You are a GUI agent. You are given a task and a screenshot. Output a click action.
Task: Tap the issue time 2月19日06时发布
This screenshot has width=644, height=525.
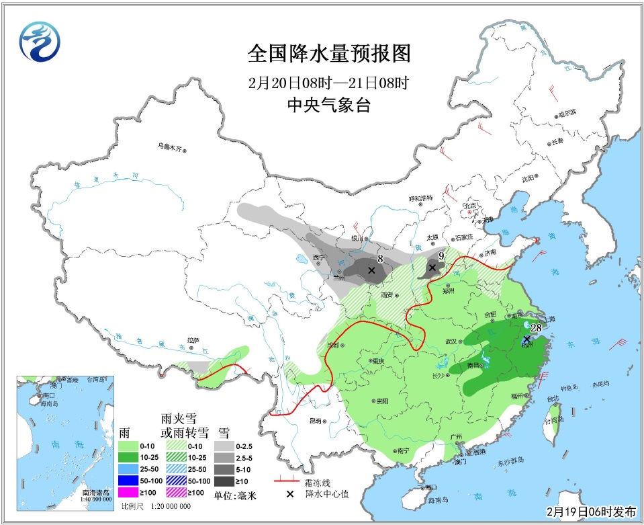pyautogui.click(x=591, y=512)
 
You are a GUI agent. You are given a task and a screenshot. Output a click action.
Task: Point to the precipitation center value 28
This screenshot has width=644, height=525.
pyautogui.click(x=536, y=328)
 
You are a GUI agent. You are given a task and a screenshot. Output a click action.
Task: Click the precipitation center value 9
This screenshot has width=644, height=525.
pyautogui.click(x=441, y=255)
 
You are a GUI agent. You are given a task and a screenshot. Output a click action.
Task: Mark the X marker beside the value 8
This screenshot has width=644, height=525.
pyautogui.click(x=371, y=270)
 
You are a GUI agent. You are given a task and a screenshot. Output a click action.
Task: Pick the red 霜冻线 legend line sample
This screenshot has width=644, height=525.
pyautogui.click(x=286, y=481)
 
